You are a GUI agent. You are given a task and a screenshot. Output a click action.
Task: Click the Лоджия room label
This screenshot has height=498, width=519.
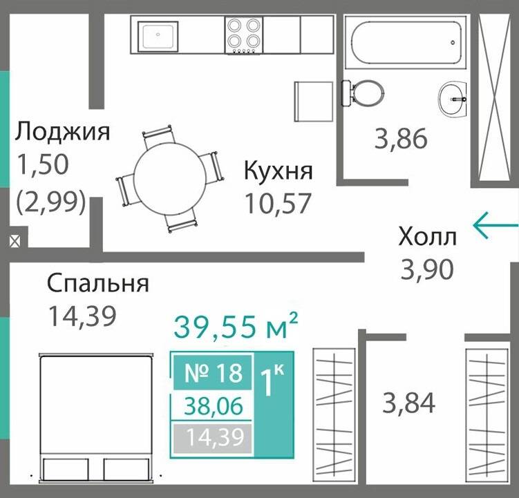coord(63,131)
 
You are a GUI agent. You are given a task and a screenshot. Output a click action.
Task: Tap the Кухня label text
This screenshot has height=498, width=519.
coord(279,171)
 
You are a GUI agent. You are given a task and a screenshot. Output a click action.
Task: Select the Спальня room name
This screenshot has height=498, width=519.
coord(97,283)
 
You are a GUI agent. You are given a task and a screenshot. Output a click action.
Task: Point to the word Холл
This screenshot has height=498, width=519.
coord(427,237)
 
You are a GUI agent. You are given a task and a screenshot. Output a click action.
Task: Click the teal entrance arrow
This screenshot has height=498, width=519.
coord(495,224)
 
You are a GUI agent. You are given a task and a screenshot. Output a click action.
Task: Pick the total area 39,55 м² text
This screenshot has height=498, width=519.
coord(236,326)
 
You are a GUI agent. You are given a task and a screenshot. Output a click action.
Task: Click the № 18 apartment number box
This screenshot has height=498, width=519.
coord(214,372)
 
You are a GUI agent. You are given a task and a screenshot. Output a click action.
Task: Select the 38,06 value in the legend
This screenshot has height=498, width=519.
coord(214,406)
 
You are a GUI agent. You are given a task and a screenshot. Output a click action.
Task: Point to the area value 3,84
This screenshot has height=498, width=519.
coord(409,401)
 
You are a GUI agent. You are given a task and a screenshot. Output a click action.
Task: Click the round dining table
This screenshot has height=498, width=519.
coord(169,178)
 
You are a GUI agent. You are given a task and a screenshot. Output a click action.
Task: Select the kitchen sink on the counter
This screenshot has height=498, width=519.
coord(158,35)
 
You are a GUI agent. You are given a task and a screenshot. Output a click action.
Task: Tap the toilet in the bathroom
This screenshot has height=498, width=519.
coord(363,92)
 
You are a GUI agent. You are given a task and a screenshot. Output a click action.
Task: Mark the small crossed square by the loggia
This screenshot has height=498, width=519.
coord(15,242)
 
